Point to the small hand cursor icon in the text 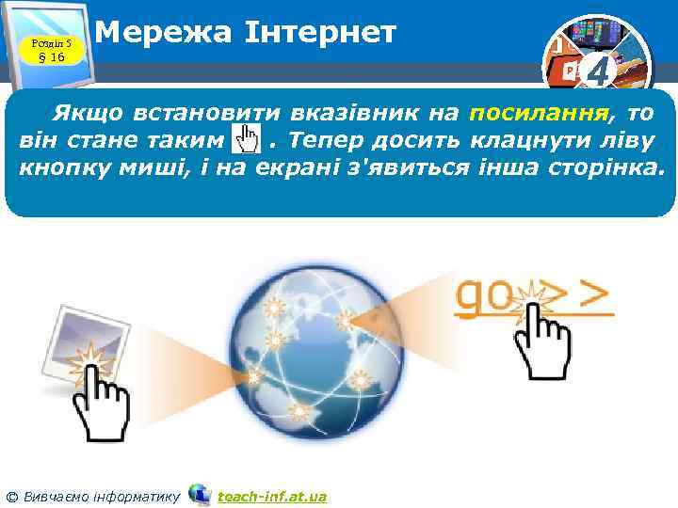coord(246,143)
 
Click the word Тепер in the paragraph coord(326,142)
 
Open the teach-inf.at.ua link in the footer coord(272,496)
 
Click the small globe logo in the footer coord(200,494)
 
